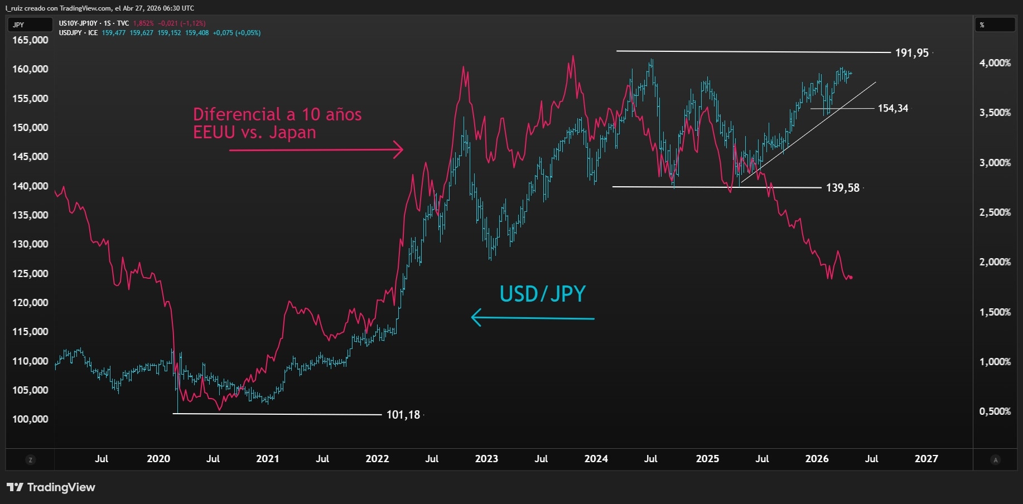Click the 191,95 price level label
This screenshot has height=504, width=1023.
(x=911, y=53)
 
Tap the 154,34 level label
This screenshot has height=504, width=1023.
(x=892, y=108)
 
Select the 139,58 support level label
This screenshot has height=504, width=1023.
(x=842, y=188)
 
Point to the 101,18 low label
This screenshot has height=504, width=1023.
(x=403, y=415)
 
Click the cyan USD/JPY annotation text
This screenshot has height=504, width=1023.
(x=542, y=294)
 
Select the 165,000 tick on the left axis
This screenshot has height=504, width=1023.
(x=30, y=40)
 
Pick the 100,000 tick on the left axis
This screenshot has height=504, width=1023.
(x=30, y=419)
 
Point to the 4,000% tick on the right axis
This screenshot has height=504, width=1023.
(x=995, y=63)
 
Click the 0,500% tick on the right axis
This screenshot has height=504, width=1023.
(x=995, y=411)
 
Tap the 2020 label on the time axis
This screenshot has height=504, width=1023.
(x=158, y=459)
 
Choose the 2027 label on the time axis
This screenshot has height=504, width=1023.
(x=926, y=459)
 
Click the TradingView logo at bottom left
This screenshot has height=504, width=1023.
(x=51, y=487)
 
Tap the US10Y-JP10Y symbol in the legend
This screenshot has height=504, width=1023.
(x=78, y=23)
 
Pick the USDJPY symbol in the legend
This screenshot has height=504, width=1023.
(x=70, y=33)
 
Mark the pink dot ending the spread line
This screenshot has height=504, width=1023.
(x=851, y=278)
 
